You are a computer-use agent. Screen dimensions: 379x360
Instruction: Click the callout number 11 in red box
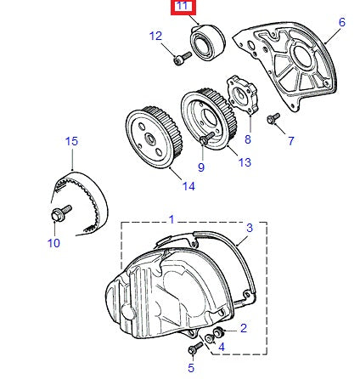[183, 8]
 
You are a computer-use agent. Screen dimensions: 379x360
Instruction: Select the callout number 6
[342, 23]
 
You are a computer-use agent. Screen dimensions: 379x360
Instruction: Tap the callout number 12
[155, 36]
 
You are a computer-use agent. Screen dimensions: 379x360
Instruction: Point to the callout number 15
[71, 140]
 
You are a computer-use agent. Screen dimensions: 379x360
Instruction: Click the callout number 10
[53, 242]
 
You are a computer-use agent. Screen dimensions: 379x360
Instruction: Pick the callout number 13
[245, 161]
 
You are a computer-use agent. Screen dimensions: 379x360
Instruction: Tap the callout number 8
[248, 138]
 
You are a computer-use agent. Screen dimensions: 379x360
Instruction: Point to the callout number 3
[250, 228]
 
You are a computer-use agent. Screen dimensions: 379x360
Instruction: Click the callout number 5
[191, 367]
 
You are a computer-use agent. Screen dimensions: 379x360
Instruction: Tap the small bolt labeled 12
[179, 59]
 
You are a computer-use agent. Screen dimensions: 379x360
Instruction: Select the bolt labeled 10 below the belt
[59, 212]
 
